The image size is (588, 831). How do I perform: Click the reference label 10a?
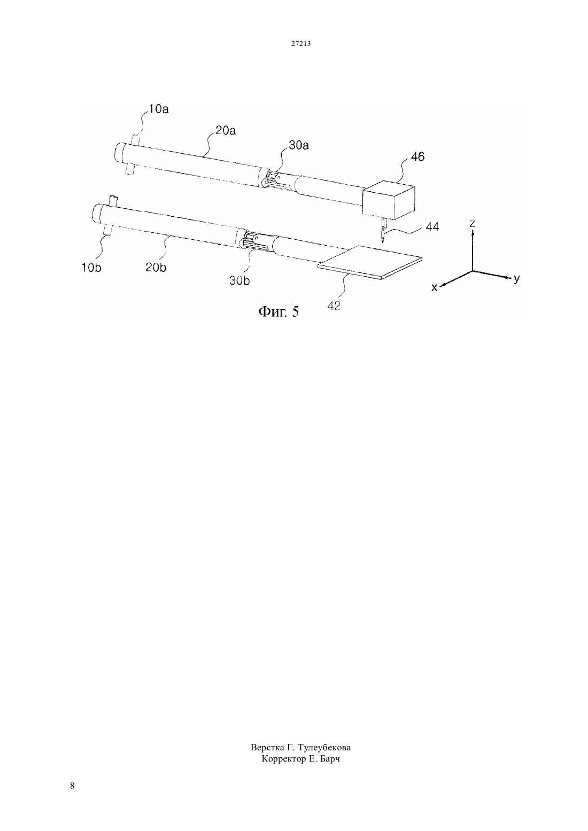pyautogui.click(x=159, y=109)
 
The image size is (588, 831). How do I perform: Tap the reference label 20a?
pyautogui.click(x=226, y=131)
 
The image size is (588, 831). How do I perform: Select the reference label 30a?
pyautogui.click(x=299, y=145)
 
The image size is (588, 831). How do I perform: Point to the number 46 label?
pyautogui.click(x=417, y=157)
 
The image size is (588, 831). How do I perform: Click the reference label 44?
pyautogui.click(x=432, y=226)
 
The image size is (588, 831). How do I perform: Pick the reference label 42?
pyautogui.click(x=334, y=305)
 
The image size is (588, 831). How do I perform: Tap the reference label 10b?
pyautogui.click(x=91, y=268)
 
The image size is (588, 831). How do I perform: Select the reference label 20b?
pyautogui.click(x=156, y=267)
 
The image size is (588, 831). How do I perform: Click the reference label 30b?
pyautogui.click(x=239, y=281)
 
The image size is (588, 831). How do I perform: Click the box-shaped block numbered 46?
pyautogui.click(x=389, y=200)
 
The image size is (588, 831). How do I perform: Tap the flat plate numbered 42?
pyautogui.click(x=370, y=262)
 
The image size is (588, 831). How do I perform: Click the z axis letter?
pyautogui.click(x=472, y=223)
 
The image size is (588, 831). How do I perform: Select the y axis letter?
pyautogui.click(x=517, y=278)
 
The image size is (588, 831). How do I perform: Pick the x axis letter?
pyautogui.click(x=434, y=287)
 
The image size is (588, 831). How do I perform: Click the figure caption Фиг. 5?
pyautogui.click(x=278, y=312)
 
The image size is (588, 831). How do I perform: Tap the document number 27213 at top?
pyautogui.click(x=300, y=44)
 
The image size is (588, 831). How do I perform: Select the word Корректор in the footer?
pyautogui.click(x=284, y=759)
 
